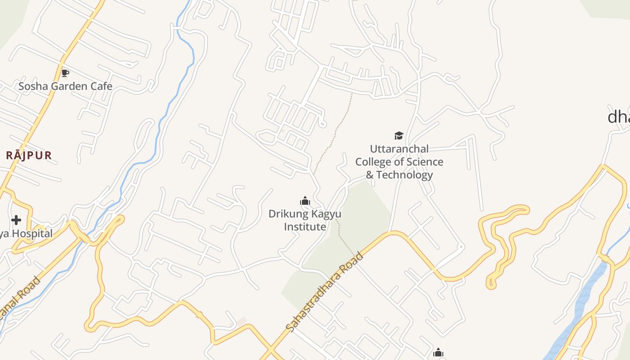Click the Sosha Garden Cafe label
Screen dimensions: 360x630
point(65,86)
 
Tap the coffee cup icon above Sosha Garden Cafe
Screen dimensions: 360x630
point(65,73)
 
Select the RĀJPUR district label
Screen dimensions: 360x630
point(29,156)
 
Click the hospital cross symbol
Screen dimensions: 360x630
point(16,220)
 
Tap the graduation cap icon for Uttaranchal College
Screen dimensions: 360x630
point(399,135)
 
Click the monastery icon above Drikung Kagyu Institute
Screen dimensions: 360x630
point(305,201)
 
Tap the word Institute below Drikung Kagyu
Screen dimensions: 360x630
point(305,227)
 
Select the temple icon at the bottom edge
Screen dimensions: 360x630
point(438,353)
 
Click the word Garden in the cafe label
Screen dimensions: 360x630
point(67,86)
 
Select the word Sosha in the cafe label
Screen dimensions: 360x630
point(33,86)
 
